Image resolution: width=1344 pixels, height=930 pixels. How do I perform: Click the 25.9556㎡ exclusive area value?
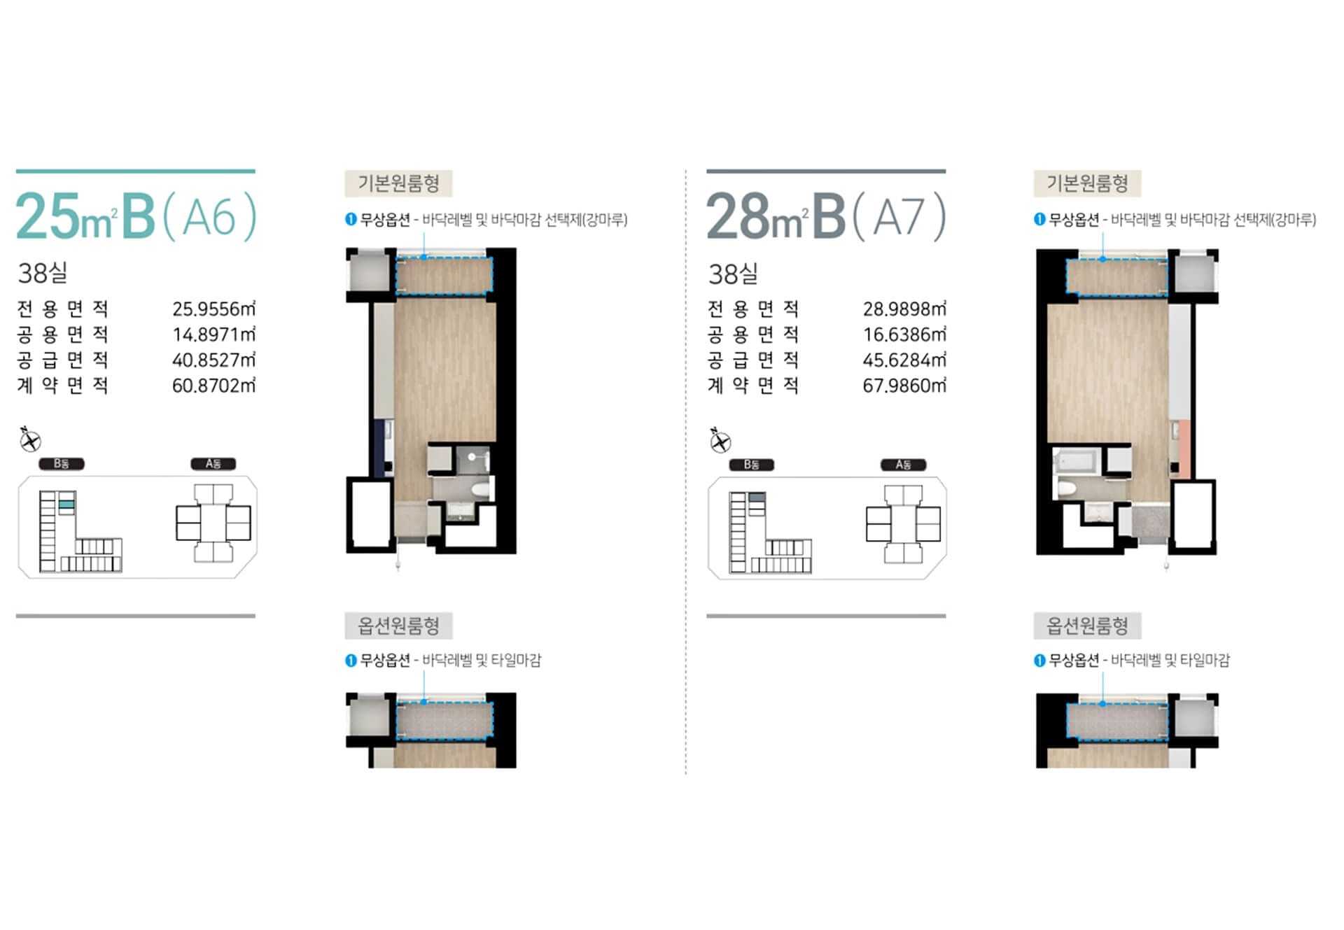coord(213,309)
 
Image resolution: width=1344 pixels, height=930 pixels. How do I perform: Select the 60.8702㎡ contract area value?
coord(213,386)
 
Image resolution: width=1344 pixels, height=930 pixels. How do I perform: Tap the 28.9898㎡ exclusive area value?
coord(904,309)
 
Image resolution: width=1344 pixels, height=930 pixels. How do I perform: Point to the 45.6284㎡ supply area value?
coord(904,360)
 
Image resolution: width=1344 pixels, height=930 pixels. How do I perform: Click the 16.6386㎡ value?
coord(904,334)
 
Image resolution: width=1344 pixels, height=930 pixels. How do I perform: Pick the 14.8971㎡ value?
coord(213,334)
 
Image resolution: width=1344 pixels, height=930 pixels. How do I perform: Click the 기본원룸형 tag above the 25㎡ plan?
coord(398,183)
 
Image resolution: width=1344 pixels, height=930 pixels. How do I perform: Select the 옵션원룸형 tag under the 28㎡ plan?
coord(1087,626)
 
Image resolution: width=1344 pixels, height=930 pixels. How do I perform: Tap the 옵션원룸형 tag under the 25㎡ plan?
coord(398,626)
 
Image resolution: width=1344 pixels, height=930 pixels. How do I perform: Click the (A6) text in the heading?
coord(210,217)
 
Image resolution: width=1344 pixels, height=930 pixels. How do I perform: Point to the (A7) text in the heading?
coord(900,217)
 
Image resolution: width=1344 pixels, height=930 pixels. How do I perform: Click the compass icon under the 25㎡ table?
coord(30,439)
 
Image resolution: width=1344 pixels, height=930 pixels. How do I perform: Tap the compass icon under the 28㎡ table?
coord(720,440)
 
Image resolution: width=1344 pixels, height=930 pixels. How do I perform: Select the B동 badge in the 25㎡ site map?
coord(62,464)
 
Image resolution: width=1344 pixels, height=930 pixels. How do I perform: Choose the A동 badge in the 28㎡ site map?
coord(903,465)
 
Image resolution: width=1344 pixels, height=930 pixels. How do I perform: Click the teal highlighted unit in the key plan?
coord(66,504)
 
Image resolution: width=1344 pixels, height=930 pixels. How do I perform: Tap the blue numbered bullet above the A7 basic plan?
coord(1039,220)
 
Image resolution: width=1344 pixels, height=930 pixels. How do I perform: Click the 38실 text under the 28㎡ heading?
coord(733,274)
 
